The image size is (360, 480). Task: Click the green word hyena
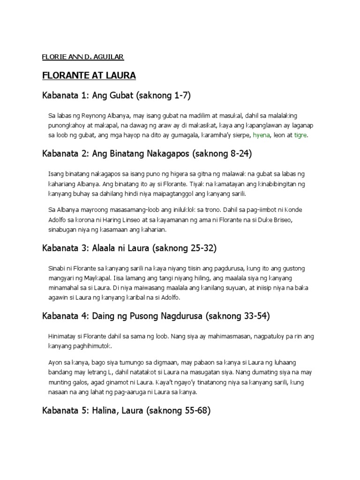tap(262, 135)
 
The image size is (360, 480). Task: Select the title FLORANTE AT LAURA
tap(89, 75)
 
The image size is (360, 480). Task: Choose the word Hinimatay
tap(65, 336)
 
